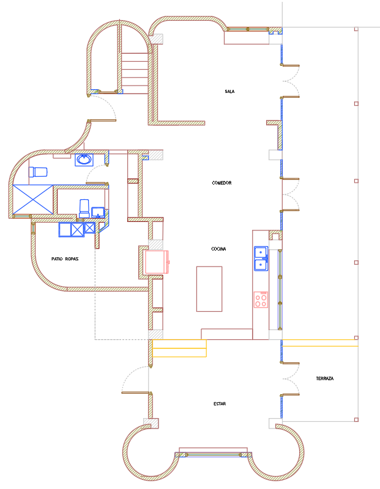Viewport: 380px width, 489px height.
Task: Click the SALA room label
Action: pos(229,91)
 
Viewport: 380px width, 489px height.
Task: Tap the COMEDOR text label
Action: pos(222,183)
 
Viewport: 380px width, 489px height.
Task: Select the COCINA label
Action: pos(218,249)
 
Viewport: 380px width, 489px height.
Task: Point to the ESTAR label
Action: pos(220,403)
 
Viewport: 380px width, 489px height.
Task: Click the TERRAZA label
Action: pos(325,378)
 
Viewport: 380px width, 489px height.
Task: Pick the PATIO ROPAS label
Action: pos(65,259)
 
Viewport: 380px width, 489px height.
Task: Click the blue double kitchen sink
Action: pos(261,259)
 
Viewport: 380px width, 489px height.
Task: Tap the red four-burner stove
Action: pos(261,300)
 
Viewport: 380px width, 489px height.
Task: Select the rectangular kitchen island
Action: pos(209,289)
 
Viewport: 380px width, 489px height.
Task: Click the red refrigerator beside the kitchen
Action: pos(157,262)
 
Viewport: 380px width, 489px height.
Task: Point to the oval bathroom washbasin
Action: pos(84,160)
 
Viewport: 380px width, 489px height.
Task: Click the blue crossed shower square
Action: pos(33,200)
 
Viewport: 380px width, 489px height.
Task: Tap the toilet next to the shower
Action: pos(38,172)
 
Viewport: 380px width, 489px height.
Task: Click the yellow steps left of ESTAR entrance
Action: pos(179,348)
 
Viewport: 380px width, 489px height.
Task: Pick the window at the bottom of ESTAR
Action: pos(214,455)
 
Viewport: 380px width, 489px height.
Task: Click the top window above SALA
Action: pos(248,29)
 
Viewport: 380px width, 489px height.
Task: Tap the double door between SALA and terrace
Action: pos(290,81)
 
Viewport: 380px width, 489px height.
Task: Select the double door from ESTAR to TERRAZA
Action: pos(290,379)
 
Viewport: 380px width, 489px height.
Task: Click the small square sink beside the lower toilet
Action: pos(98,212)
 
